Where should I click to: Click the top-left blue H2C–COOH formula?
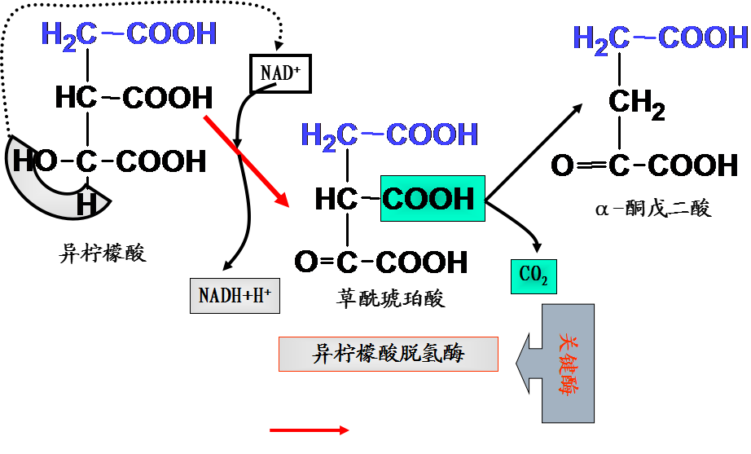coord(129,35)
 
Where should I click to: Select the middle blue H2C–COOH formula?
coord(389,135)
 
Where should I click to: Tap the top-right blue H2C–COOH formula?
coord(661,38)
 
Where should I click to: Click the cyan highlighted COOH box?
coord(432,198)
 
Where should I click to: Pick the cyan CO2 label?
coord(534,277)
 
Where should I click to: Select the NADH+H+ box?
coord(235,295)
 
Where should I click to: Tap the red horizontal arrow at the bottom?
coord(310,430)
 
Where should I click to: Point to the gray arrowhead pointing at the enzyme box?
coord(529,359)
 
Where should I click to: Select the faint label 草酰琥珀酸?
coord(391,298)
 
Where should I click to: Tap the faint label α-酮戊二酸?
coord(652,209)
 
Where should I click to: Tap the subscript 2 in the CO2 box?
coord(543,283)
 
